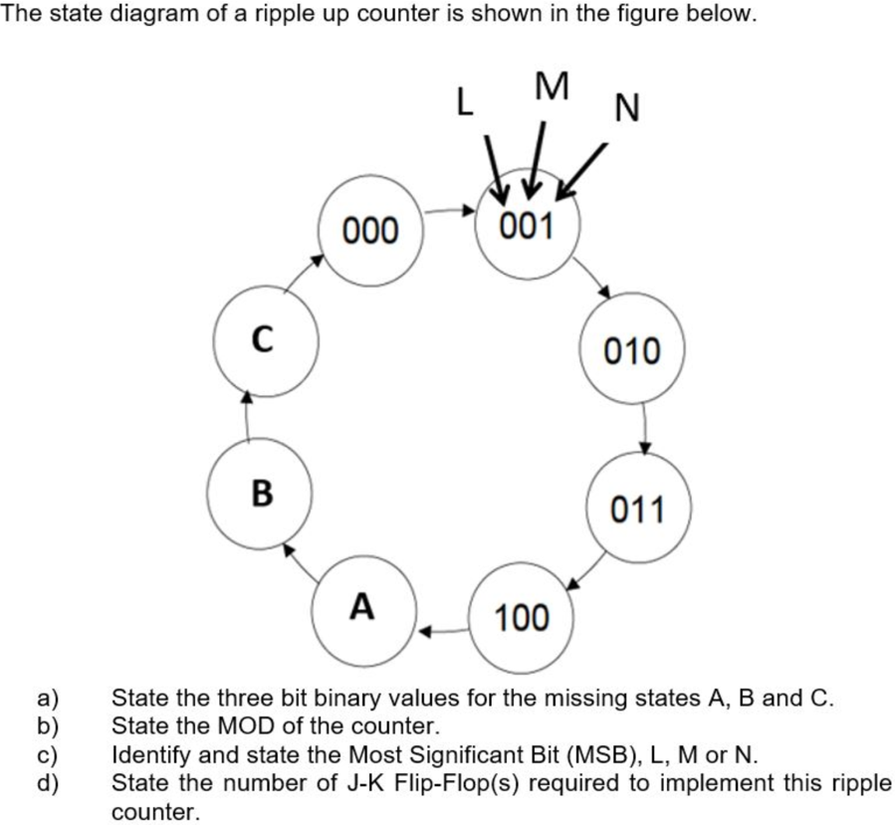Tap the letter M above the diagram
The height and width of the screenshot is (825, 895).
551,89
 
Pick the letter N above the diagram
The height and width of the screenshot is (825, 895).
626,106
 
